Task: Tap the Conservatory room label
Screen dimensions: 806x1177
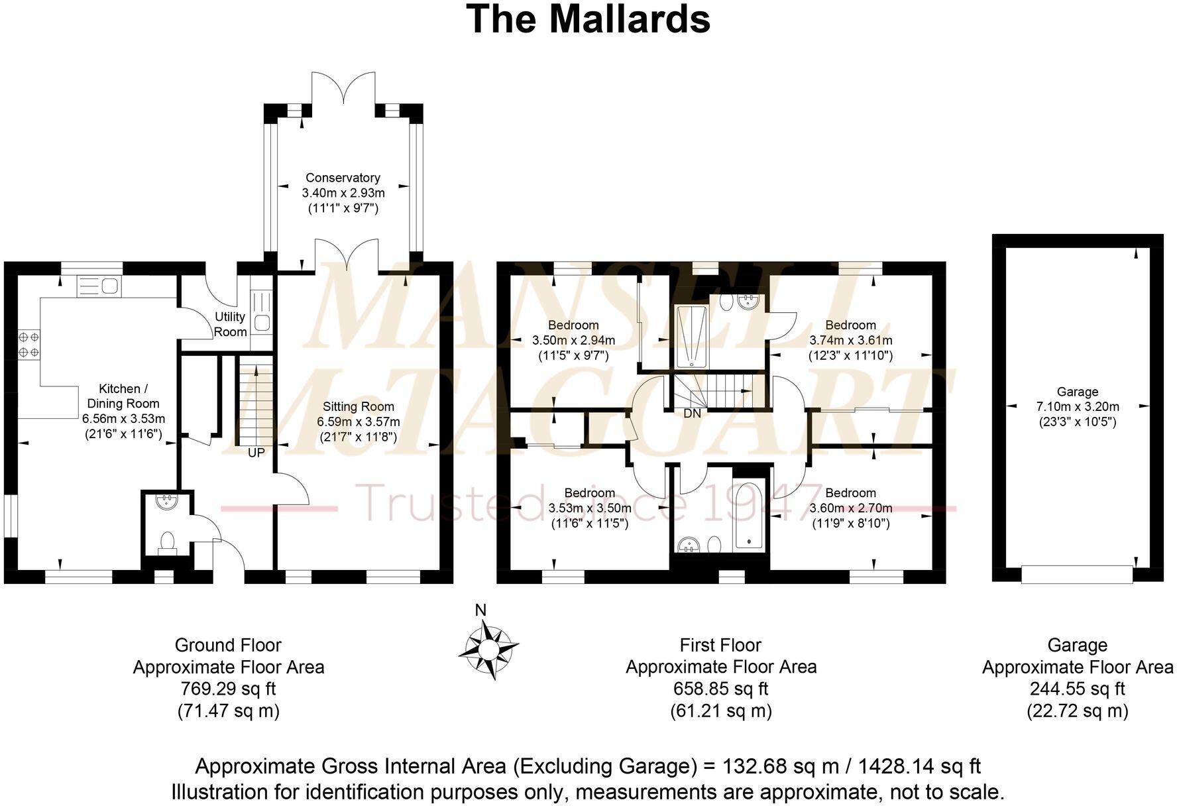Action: (x=343, y=178)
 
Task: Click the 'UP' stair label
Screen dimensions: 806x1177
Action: (x=256, y=453)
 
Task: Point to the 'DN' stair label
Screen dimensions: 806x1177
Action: (x=692, y=414)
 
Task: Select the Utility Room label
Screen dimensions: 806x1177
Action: (x=230, y=324)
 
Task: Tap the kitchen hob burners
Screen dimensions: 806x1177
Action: (x=29, y=344)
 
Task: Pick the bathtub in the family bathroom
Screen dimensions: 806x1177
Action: (x=750, y=509)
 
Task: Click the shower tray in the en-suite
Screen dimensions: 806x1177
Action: (x=692, y=337)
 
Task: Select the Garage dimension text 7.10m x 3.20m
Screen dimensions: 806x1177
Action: (x=1078, y=406)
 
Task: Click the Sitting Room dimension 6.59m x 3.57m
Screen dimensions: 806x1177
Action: (x=358, y=422)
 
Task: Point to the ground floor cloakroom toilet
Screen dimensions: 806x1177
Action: (x=167, y=542)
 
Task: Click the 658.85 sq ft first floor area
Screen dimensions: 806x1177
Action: (x=720, y=689)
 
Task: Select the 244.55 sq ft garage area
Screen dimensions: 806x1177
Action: (x=1077, y=689)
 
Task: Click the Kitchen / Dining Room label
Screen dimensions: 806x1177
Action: (x=123, y=396)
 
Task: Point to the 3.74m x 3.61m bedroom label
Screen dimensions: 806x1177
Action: (x=850, y=340)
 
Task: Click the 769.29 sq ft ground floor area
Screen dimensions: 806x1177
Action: (x=229, y=689)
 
